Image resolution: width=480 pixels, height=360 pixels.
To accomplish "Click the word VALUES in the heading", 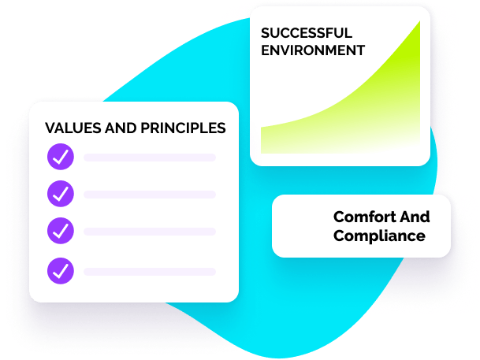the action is [x=73, y=128].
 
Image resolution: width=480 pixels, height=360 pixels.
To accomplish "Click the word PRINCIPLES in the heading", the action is [x=183, y=128].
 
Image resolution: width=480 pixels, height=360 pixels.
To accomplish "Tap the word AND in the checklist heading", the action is [x=121, y=128].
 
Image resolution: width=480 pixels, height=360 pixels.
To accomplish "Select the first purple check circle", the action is [x=61, y=157].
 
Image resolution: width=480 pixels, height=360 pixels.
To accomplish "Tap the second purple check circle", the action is [x=61, y=194].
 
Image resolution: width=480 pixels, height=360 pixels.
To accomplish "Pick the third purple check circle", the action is [x=61, y=231].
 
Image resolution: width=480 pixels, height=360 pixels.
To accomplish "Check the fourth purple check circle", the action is [x=61, y=271].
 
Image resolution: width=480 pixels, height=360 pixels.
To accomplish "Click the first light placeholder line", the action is [x=150, y=158].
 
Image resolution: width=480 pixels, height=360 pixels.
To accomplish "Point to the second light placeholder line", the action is [x=150, y=195].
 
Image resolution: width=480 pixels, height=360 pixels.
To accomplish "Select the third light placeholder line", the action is [x=150, y=232].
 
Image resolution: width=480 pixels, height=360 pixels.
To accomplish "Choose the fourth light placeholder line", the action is [x=150, y=272].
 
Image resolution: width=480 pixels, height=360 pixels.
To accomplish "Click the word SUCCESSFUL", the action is [x=307, y=33].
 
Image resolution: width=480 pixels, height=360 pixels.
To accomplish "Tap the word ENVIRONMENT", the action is [x=313, y=50].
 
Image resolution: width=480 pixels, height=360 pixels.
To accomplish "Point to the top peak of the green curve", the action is [x=419, y=21].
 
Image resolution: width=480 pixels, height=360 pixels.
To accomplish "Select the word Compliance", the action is [x=379, y=236].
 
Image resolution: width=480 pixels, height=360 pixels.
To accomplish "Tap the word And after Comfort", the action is [x=415, y=217].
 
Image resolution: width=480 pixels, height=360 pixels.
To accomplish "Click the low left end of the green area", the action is [x=261, y=128].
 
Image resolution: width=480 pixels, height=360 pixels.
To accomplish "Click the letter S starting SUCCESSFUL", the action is [x=265, y=33].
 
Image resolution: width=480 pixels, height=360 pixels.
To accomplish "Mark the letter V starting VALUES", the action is [x=50, y=128].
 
